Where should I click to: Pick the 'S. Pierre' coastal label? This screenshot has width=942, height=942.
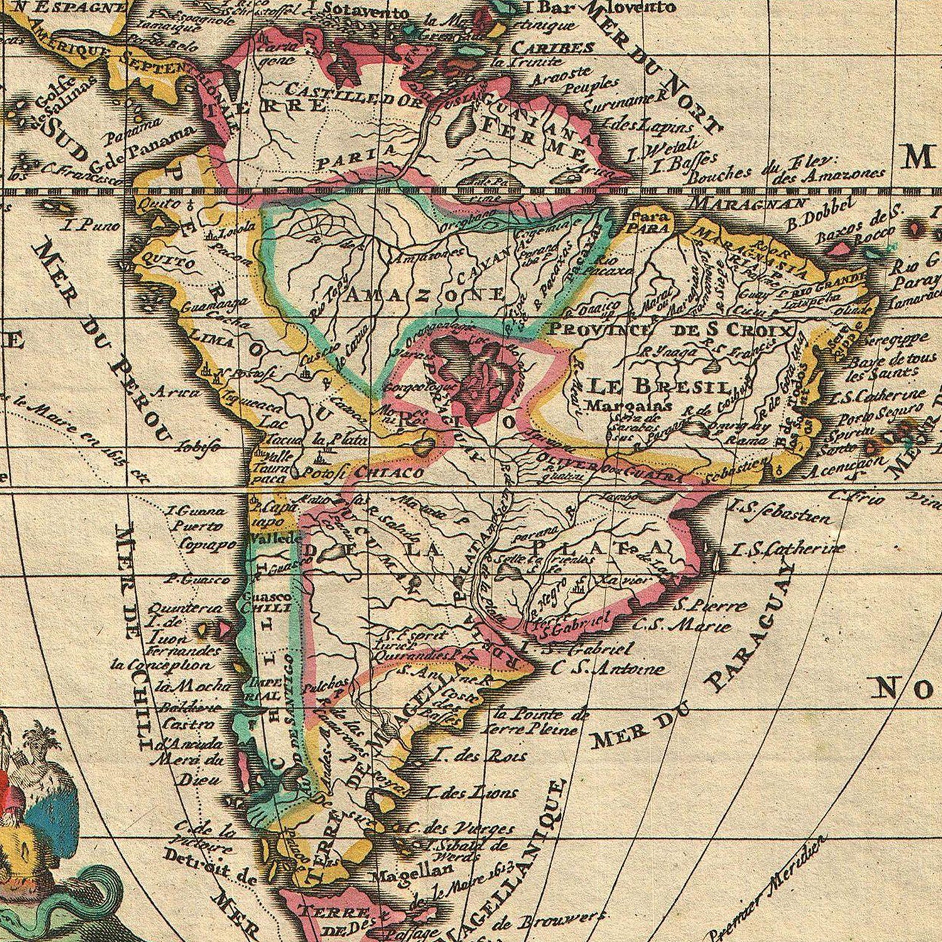pos(710,606)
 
